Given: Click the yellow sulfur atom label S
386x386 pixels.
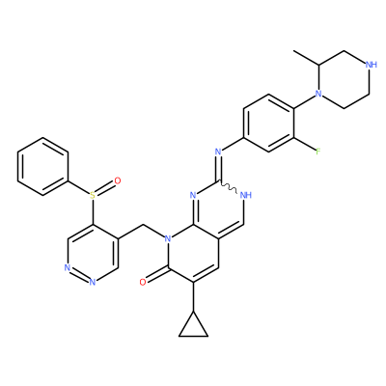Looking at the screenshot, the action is [93, 195].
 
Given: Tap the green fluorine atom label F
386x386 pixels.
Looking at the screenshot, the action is [317, 152].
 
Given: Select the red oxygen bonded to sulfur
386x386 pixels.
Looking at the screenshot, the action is [118, 180].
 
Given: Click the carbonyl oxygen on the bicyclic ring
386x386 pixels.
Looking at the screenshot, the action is [143, 283].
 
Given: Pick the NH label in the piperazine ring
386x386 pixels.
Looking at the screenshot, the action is [372, 65].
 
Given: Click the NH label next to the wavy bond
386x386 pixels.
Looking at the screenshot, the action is [246, 195].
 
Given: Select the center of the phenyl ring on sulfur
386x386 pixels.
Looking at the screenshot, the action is [42, 166].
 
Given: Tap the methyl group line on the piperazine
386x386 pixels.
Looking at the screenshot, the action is [306, 58].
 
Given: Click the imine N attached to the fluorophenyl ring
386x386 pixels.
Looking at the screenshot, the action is [218, 152].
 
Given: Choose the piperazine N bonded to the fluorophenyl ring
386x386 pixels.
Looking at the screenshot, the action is [318, 94].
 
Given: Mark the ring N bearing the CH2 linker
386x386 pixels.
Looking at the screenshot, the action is [167, 238].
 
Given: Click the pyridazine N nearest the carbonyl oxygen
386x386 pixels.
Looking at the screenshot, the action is [93, 282].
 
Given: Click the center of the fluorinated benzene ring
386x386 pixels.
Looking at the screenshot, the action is [268, 123].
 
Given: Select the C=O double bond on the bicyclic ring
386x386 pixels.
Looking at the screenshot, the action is [156, 275].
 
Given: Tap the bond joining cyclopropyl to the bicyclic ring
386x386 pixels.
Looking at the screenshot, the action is [193, 297].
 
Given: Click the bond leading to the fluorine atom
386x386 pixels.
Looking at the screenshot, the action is [304, 144].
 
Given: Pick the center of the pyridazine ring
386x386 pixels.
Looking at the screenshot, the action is [93, 253].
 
